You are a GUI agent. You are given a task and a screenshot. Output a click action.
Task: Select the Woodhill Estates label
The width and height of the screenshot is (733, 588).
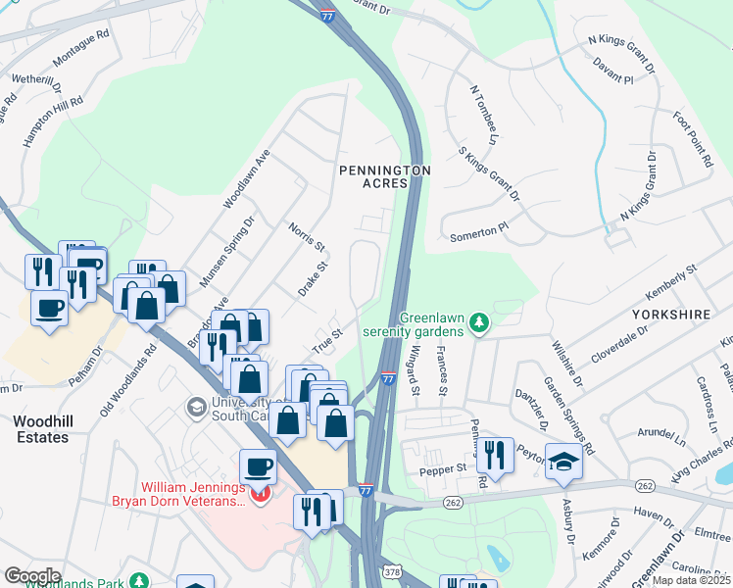click(x=42, y=428)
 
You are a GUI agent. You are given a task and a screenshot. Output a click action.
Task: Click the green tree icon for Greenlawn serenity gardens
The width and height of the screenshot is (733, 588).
click(x=478, y=322)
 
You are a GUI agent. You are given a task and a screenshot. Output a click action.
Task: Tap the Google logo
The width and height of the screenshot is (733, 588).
click(x=32, y=575)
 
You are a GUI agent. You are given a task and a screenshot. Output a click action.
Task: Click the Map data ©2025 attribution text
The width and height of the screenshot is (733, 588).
click(x=691, y=580)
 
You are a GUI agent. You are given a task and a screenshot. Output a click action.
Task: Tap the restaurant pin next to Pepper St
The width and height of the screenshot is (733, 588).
click(x=495, y=455)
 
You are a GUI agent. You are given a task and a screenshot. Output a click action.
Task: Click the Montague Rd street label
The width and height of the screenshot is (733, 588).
click(x=80, y=60)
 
